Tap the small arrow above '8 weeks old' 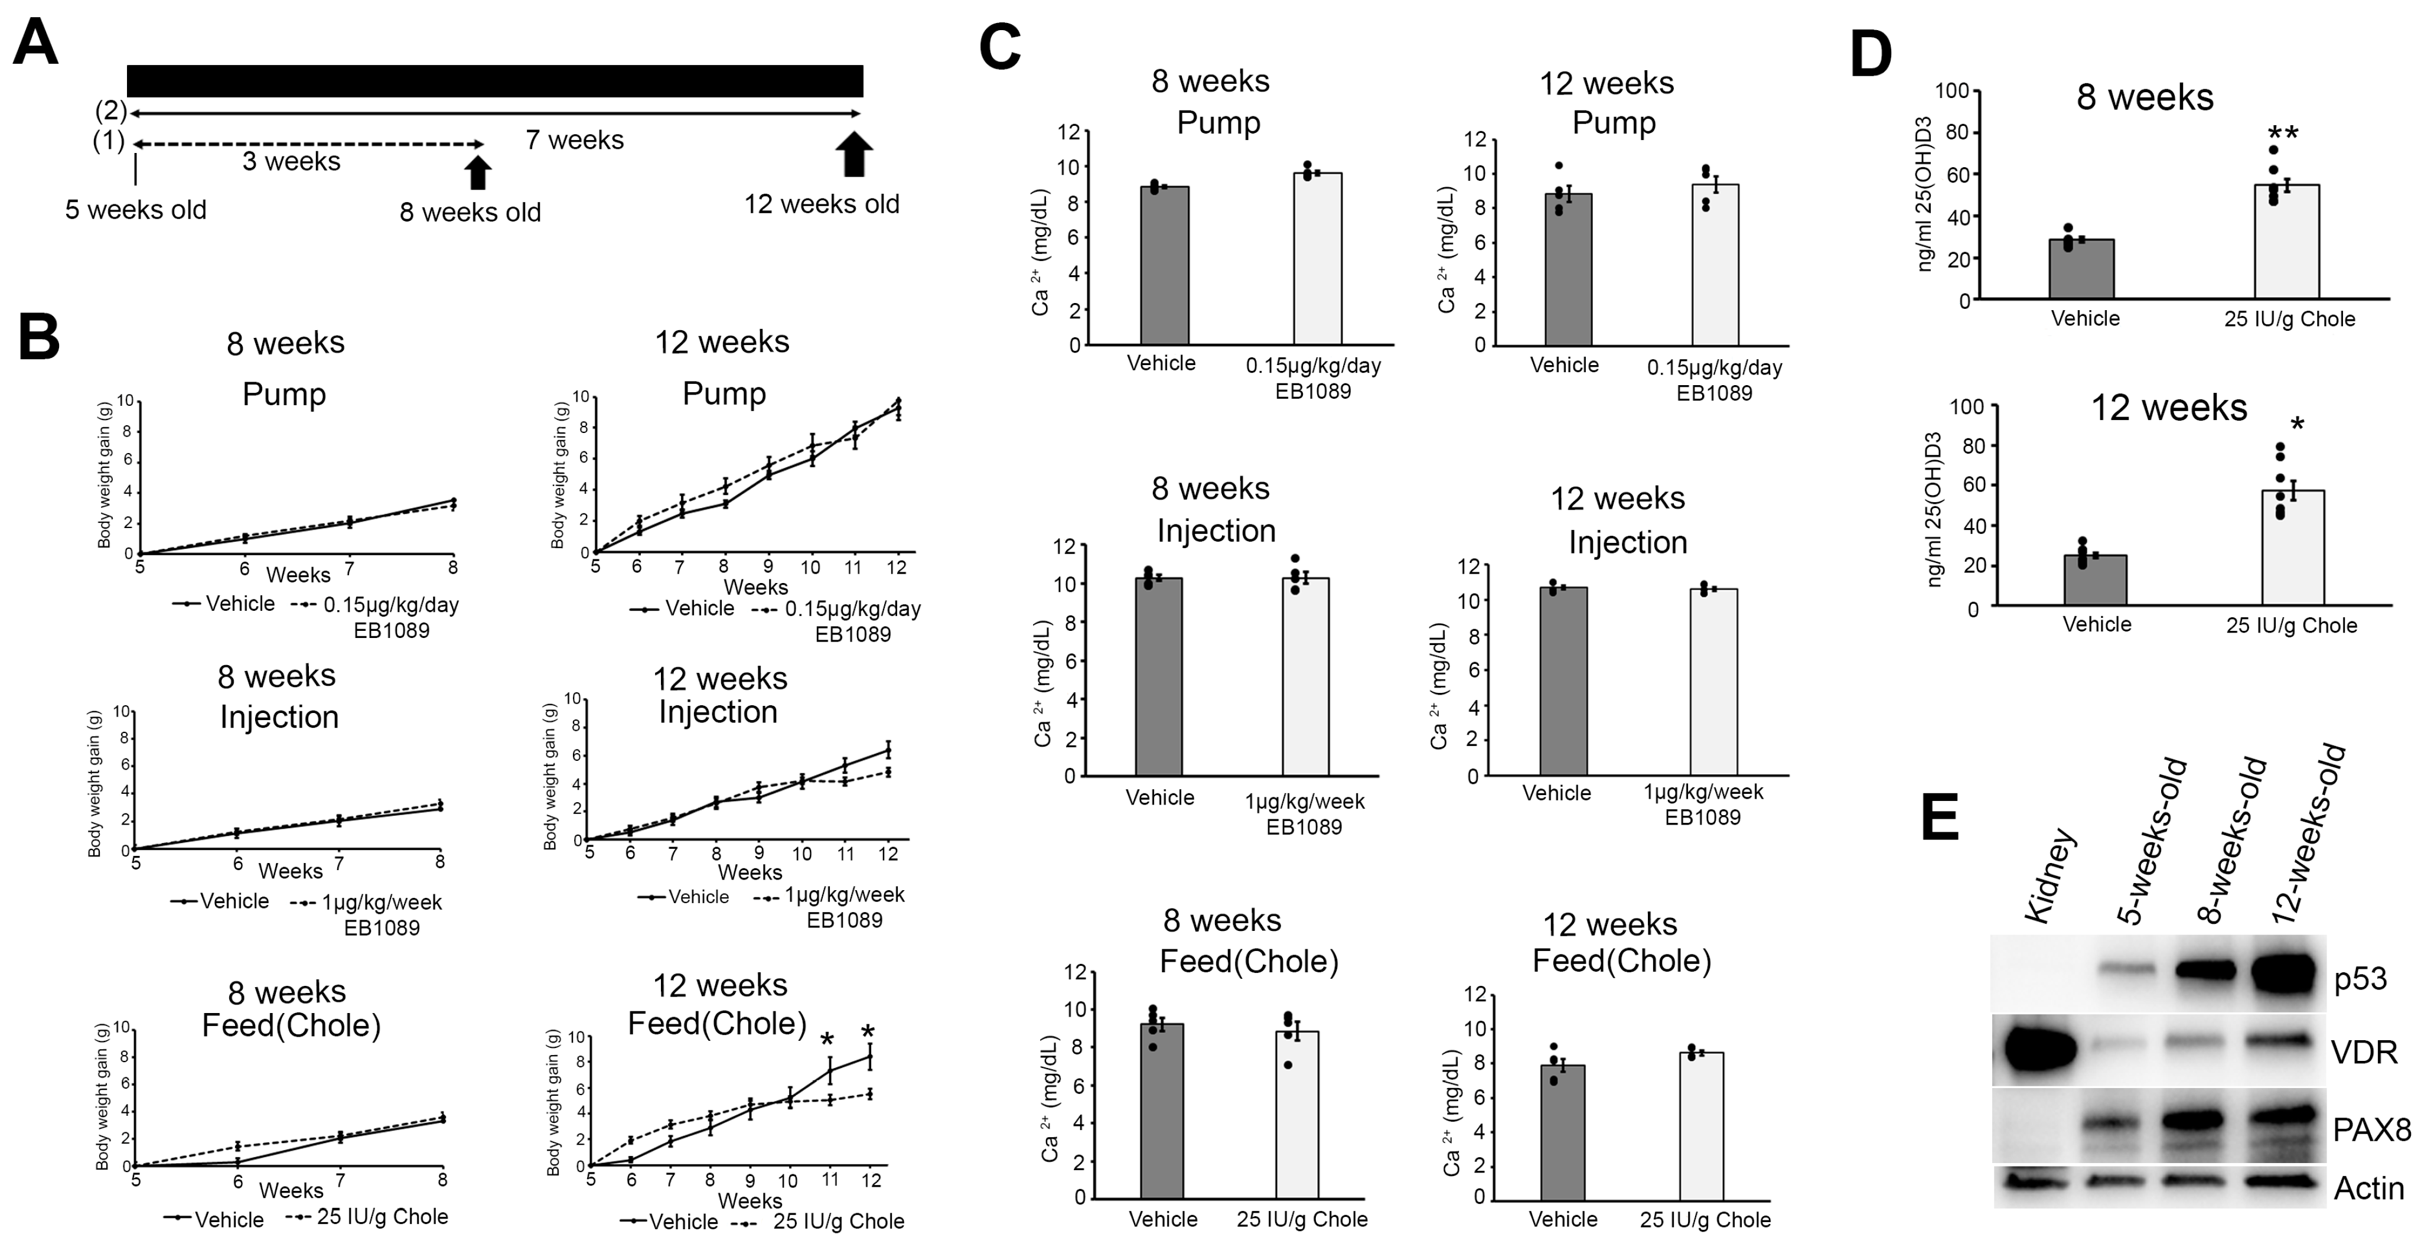(477, 172)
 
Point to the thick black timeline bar (494, 81)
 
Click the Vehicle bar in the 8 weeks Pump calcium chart (1165, 265)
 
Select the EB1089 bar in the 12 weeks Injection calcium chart (1713, 681)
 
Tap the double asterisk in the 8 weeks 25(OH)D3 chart (2283, 134)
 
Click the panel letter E (1939, 818)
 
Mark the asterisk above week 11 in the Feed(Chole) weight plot (827, 1039)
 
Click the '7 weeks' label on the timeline (574, 140)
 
